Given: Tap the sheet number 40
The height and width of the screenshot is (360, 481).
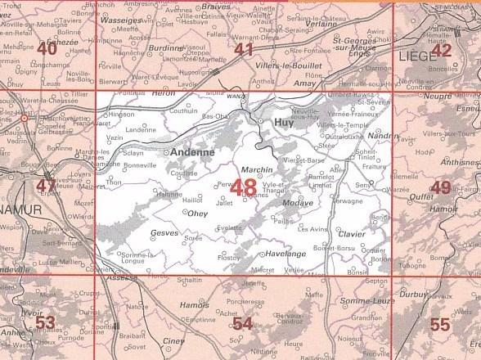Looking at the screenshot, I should point(47,49).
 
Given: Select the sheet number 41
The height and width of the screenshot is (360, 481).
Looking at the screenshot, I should point(244,50).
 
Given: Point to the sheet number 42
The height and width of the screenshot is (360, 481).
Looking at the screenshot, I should point(442,50).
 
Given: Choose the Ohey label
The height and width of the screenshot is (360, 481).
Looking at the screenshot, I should point(200,214).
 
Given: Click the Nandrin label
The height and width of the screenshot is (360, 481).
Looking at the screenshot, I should point(384,136).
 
